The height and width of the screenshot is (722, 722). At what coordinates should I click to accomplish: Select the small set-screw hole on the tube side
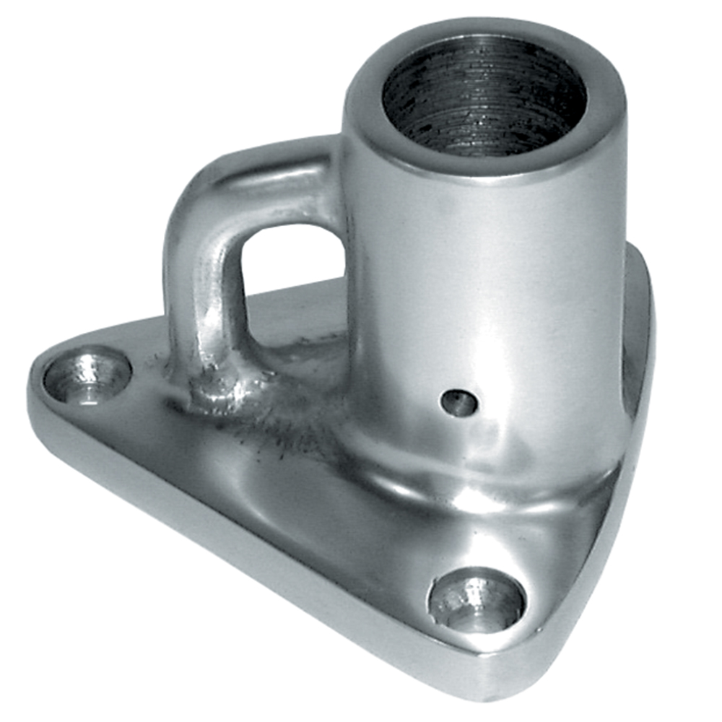459,403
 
